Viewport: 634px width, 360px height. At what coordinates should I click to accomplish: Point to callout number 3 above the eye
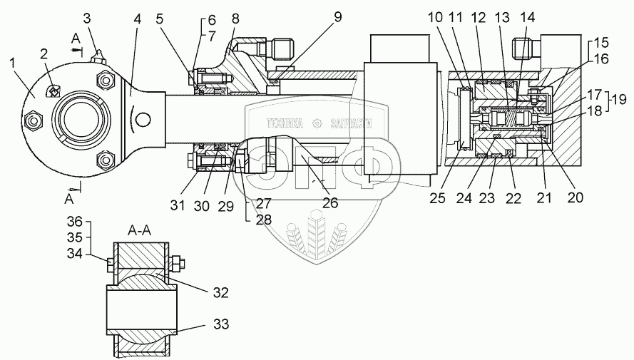pos(86,17)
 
